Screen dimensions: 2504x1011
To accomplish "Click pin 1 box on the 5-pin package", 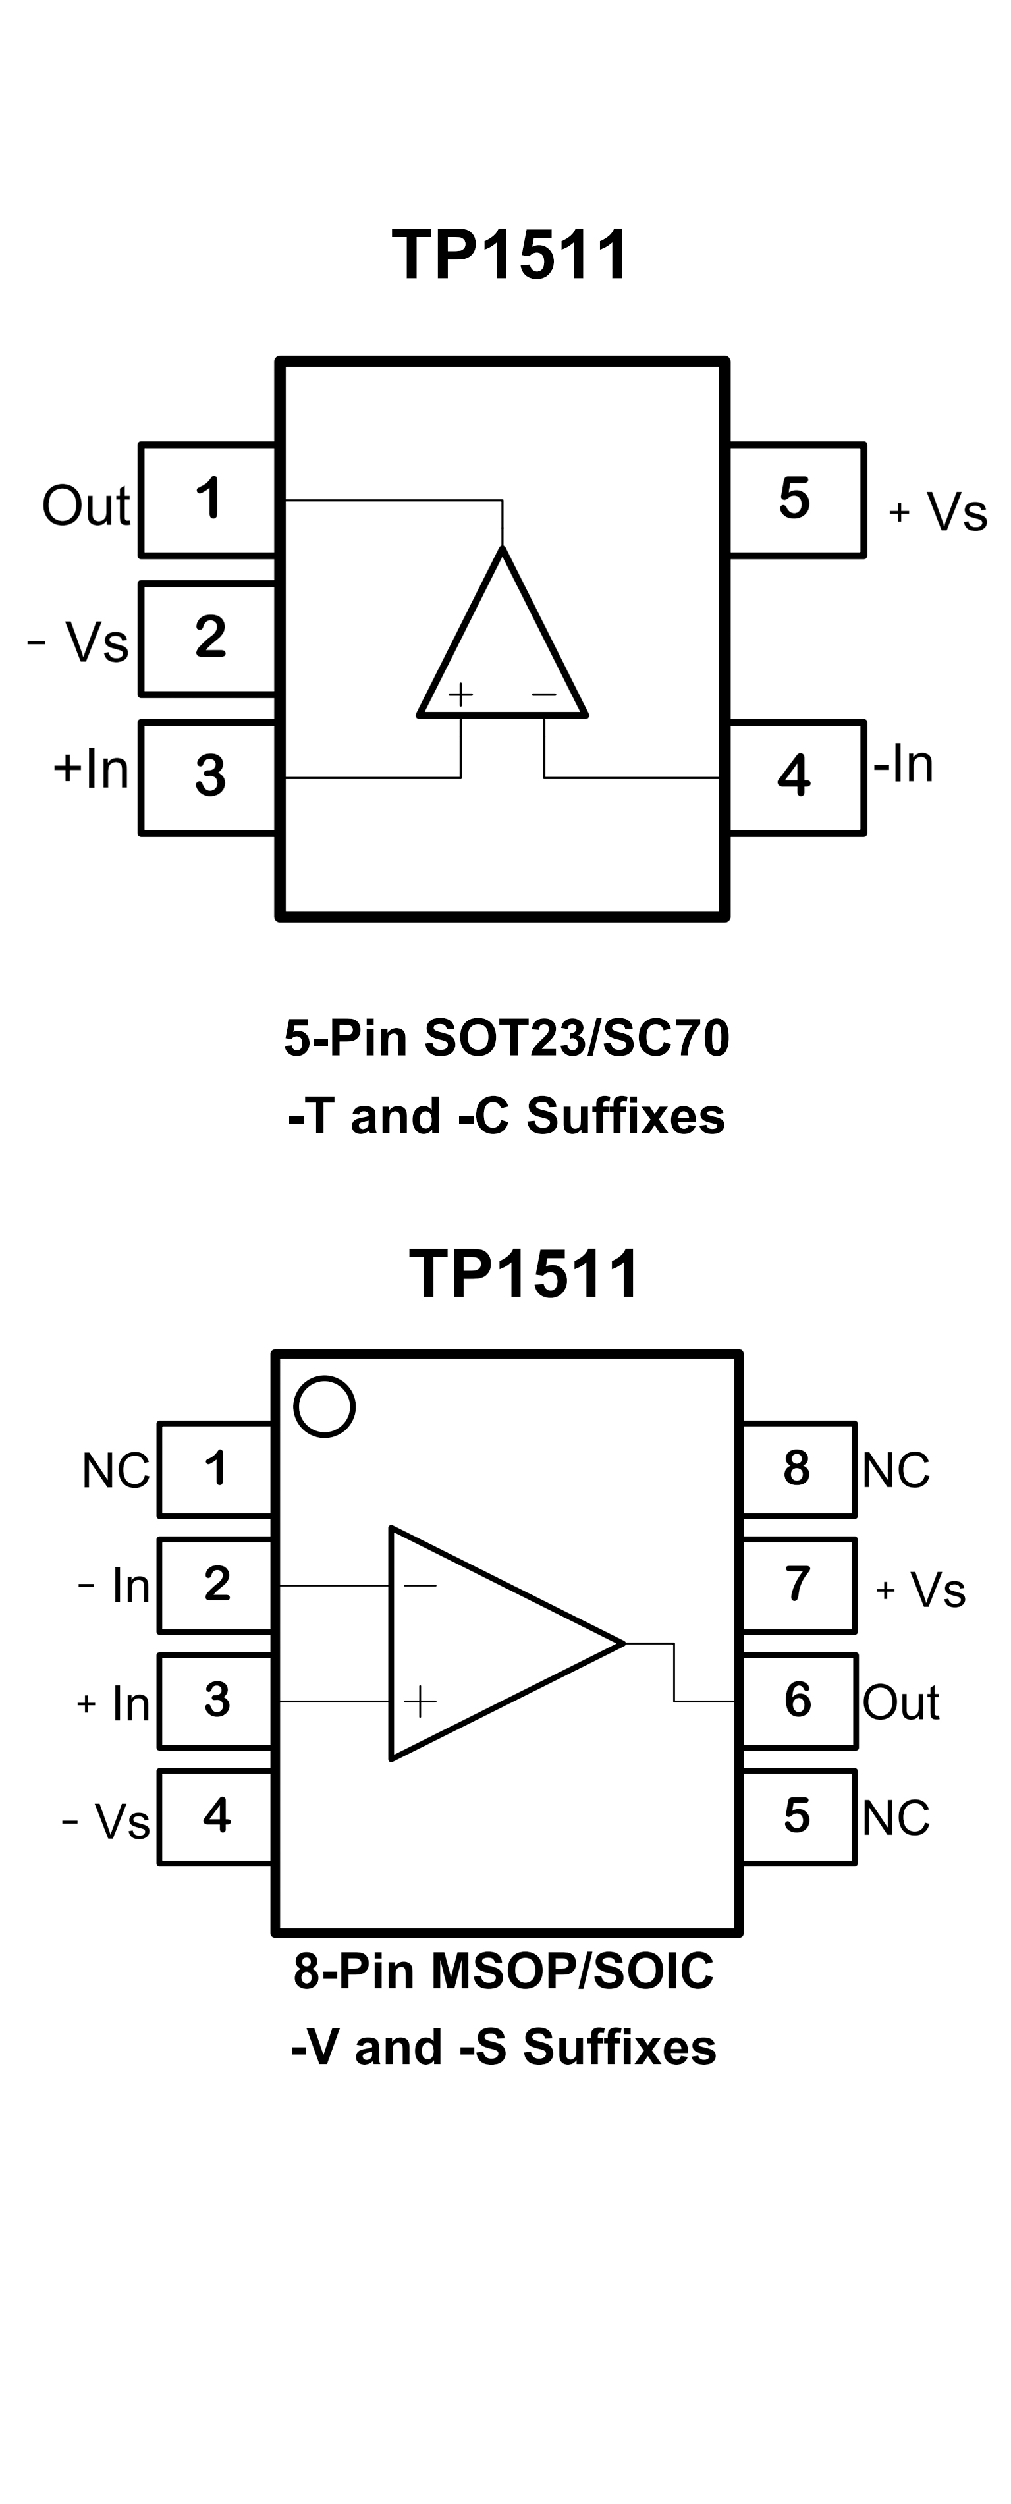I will pyautogui.click(x=208, y=500).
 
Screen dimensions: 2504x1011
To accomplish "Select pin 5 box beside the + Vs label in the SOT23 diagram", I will pyautogui.click(x=795, y=500).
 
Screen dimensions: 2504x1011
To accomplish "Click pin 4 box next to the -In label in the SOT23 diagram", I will pyautogui.click(x=795, y=776).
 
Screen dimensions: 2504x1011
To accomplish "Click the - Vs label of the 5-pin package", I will pyautogui.click(x=78, y=641).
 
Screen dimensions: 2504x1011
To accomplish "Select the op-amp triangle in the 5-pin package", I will pyautogui.click(x=503, y=651).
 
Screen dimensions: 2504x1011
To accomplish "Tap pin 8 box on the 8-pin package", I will pyautogui.click(x=797, y=1469).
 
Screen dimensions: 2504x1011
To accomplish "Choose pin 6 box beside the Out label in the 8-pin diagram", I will pyautogui.click(x=797, y=1700).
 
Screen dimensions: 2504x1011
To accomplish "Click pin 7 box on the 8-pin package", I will pyautogui.click(x=797, y=1585).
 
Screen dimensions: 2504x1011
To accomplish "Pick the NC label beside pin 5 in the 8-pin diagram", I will pyautogui.click(x=895, y=1817).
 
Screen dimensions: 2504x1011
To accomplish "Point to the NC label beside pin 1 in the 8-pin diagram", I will pyautogui.click(x=116, y=1471).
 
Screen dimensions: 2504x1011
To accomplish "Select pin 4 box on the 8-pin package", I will pyautogui.click(x=216, y=1816).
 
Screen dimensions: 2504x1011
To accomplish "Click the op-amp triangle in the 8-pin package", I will pyautogui.click(x=486, y=1643).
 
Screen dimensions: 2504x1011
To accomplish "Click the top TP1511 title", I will pyautogui.click(x=510, y=256).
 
